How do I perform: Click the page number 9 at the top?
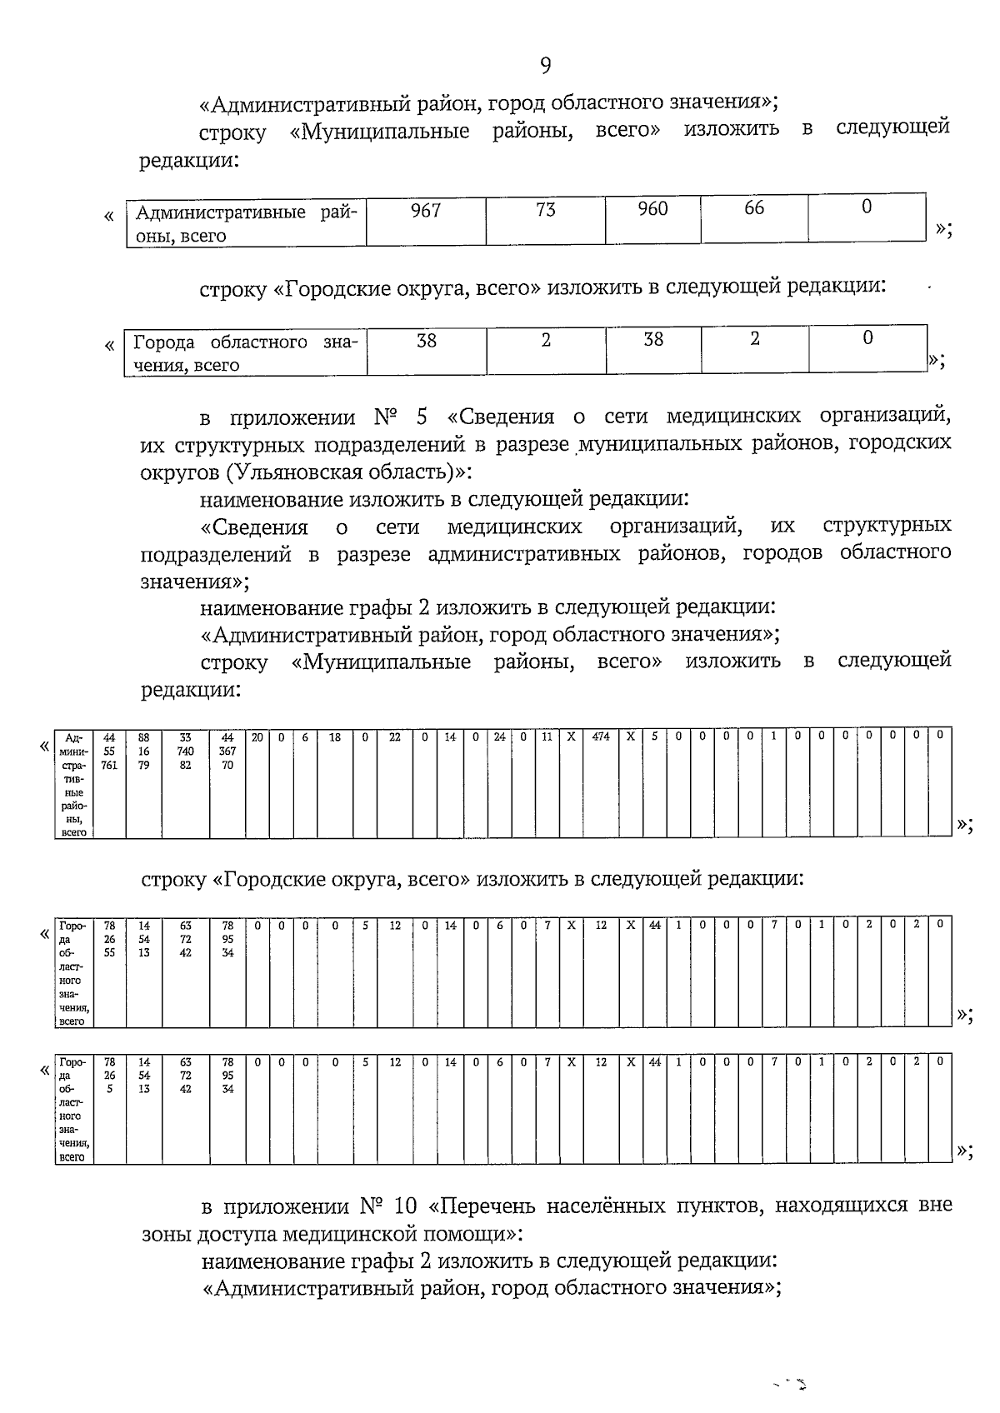point(545,66)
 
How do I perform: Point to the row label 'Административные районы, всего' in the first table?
point(246,223)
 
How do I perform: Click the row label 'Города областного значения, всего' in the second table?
point(245,353)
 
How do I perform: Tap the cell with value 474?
point(601,736)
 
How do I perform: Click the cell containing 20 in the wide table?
point(257,736)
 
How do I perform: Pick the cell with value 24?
point(499,736)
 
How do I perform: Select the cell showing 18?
point(335,736)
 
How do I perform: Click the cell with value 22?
point(395,736)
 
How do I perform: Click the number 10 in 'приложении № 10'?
point(403,1206)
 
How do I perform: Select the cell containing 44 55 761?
point(109,751)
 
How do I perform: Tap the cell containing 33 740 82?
point(186,751)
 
